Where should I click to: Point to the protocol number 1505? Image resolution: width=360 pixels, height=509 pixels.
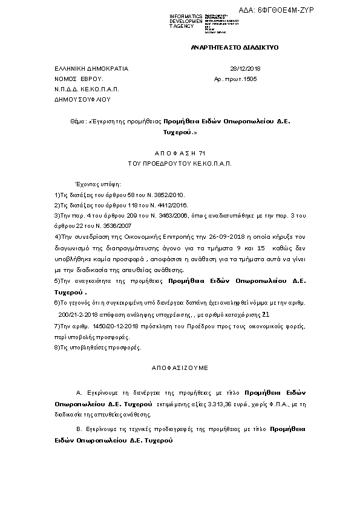(x=249, y=79)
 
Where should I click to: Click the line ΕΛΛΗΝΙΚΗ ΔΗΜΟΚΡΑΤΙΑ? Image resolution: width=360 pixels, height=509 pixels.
(x=91, y=69)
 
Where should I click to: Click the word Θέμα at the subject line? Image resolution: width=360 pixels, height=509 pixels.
(x=78, y=121)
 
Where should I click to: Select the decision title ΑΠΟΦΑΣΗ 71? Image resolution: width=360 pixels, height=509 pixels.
(x=180, y=154)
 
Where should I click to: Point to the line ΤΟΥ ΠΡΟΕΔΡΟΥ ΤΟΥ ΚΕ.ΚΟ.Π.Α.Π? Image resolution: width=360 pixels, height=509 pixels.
(x=180, y=163)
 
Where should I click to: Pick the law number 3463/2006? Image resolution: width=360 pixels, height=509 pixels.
(x=172, y=215)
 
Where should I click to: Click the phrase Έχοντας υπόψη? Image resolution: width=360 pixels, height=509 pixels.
(x=97, y=183)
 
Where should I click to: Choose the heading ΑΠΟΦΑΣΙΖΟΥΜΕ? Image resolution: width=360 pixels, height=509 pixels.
(x=180, y=367)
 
